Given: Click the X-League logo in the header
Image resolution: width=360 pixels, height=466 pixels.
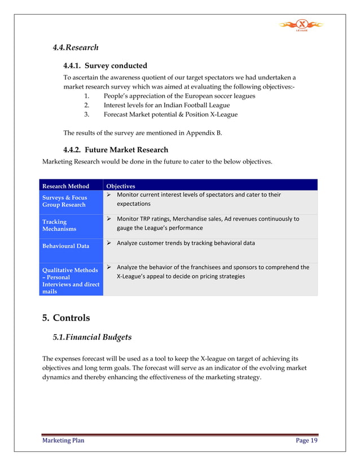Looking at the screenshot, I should tap(301, 25).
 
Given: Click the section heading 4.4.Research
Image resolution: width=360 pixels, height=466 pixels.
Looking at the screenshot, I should tap(76, 48).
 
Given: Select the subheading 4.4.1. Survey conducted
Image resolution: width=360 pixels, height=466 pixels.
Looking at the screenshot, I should tap(105, 65).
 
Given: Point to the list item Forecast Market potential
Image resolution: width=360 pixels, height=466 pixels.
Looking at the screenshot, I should tap(170, 115).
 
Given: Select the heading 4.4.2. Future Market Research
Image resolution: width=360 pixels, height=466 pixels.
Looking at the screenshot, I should tap(115, 150).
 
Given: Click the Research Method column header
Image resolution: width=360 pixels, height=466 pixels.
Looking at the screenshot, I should tap(65, 186).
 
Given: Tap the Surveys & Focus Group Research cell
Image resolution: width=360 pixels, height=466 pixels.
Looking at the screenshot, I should tap(63, 201).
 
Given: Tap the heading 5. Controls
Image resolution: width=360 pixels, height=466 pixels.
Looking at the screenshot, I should tap(66, 318).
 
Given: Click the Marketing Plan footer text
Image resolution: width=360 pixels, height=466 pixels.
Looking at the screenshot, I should tap(64, 441).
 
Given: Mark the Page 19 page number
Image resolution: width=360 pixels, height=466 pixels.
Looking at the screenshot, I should tap(306, 441).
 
